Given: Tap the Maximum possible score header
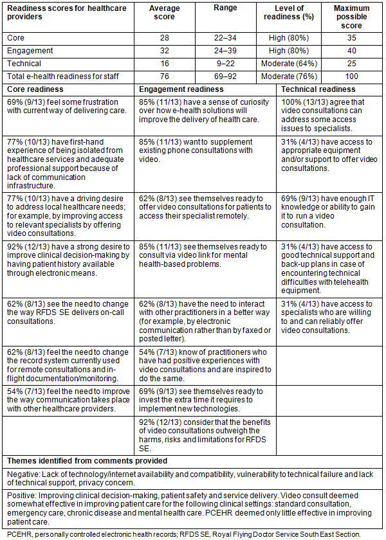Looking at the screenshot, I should [x=351, y=17].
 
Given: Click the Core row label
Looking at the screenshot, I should [x=16, y=38].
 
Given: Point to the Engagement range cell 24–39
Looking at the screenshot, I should [x=225, y=51].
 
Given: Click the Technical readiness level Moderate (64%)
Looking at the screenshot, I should [x=289, y=64].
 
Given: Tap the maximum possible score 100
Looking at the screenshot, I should [x=351, y=76].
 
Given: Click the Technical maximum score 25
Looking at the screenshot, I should [x=351, y=64].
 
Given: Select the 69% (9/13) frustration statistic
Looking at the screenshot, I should [x=24, y=102].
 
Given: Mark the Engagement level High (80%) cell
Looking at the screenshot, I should [x=289, y=51].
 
